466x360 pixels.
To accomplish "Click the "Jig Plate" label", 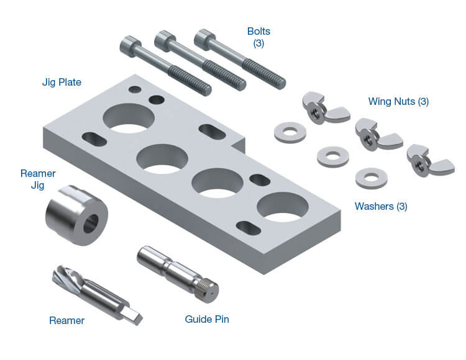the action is (62, 82).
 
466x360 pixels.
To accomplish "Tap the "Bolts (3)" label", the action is (258, 37).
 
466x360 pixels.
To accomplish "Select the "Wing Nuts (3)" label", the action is (398, 102).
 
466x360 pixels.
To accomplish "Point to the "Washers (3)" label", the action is (381, 206).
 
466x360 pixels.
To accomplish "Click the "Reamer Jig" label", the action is (38, 179).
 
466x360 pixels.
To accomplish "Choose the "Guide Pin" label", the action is (207, 319).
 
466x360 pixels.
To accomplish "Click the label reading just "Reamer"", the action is (67, 320).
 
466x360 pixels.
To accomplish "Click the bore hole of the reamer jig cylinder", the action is (91, 223).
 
